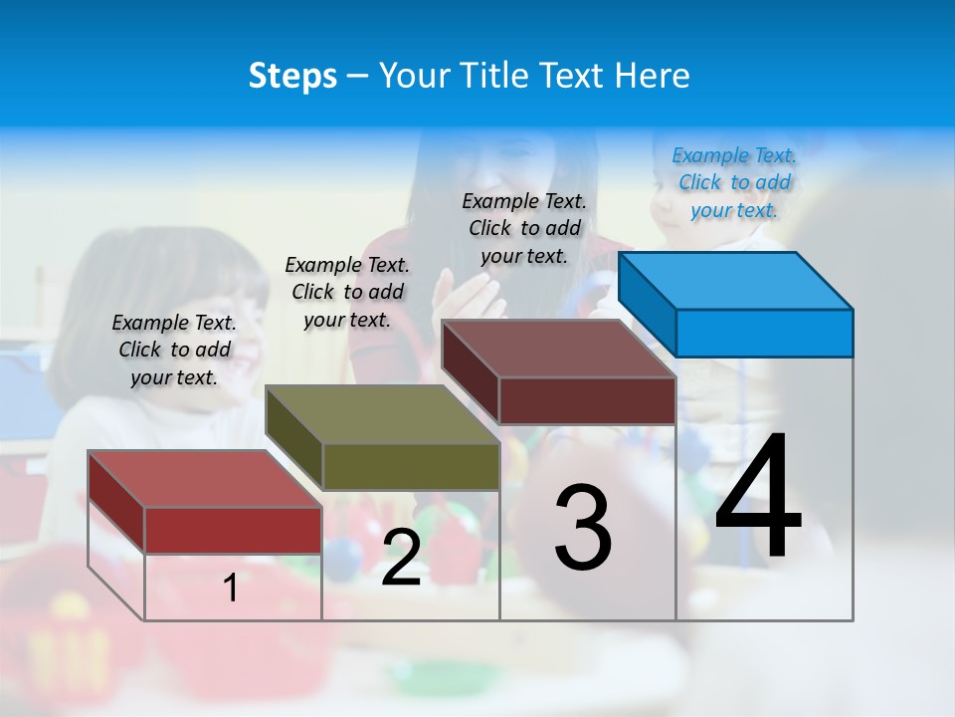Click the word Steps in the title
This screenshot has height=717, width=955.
coord(292,76)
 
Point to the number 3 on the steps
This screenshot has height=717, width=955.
coord(583,527)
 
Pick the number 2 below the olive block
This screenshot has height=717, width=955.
coord(401,558)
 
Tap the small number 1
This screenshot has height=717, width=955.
coord(231,589)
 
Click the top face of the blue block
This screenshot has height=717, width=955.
coord(736,280)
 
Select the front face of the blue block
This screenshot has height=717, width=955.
coord(764,333)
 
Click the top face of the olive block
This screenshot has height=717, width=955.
coord(383,414)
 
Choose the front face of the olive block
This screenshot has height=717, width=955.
coord(411,466)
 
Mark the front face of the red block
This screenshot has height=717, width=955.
coord(233,530)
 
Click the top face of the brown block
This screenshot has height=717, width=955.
coord(559,349)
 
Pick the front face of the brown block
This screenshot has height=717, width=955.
coord(587,400)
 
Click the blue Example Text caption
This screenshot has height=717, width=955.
coord(734,183)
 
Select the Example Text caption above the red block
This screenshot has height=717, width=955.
coord(174,350)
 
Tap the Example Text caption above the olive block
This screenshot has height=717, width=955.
coord(347,292)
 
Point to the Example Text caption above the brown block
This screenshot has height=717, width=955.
coord(524,228)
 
